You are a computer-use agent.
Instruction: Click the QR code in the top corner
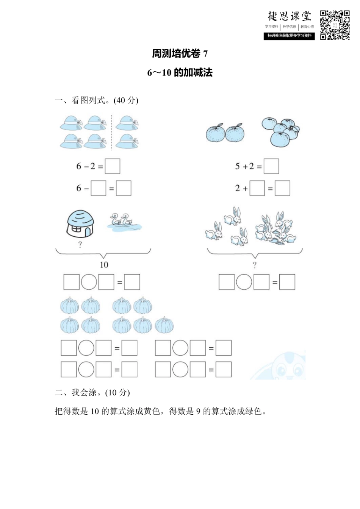[335, 25]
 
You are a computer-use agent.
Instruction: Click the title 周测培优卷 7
[180, 54]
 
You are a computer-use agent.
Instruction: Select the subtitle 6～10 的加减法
[180, 72]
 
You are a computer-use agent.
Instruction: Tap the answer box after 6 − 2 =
[113, 166]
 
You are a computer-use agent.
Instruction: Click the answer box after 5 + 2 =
[271, 166]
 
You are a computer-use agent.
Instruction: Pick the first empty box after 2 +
[257, 188]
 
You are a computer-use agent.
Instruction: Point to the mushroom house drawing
[80, 223]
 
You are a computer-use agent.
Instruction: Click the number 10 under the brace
[104, 265]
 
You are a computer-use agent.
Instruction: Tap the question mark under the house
[80, 245]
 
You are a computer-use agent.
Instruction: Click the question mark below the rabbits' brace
[255, 265]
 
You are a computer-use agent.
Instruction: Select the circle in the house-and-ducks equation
[89, 282]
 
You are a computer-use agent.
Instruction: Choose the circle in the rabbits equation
[244, 282]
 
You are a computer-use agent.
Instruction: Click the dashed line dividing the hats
[111, 133]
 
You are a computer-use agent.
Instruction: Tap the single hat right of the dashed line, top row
[127, 123]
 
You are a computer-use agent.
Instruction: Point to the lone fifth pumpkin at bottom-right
[164, 325]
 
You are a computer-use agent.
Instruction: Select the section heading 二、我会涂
[92, 392]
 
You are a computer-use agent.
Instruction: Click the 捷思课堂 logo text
[290, 16]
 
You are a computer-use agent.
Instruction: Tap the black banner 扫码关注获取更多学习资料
[290, 36]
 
